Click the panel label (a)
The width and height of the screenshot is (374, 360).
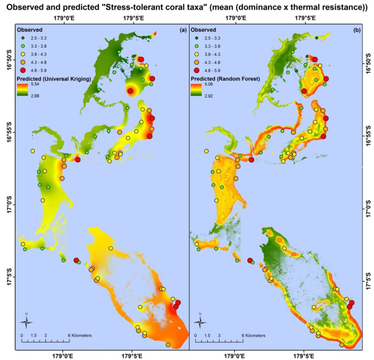183,30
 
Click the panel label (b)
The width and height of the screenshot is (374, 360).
356,30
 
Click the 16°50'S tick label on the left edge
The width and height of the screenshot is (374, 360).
8,60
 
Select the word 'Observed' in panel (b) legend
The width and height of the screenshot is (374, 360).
203,30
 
